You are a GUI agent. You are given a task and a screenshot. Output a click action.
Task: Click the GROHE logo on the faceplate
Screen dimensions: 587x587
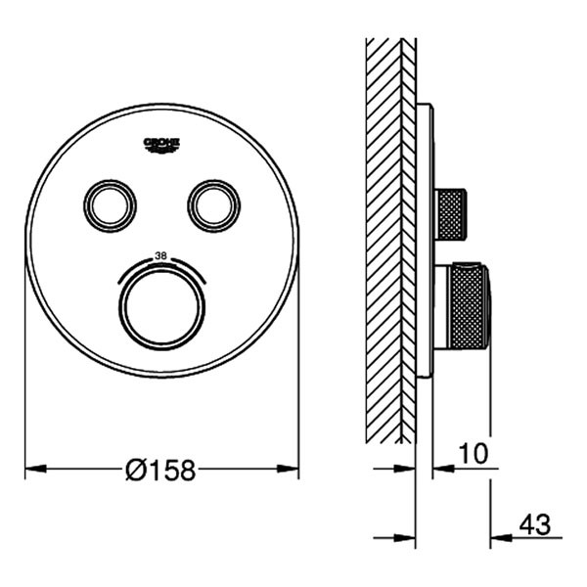point(161,145)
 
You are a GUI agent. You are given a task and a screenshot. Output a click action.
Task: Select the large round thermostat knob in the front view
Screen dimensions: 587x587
point(162,303)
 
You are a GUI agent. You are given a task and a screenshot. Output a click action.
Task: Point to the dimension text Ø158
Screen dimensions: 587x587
point(160,471)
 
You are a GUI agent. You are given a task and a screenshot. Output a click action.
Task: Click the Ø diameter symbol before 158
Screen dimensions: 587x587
point(136,471)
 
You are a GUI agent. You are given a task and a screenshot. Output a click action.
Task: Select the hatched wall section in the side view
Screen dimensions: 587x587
point(389,235)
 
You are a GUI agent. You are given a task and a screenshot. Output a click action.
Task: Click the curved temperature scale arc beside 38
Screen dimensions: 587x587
point(191,267)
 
